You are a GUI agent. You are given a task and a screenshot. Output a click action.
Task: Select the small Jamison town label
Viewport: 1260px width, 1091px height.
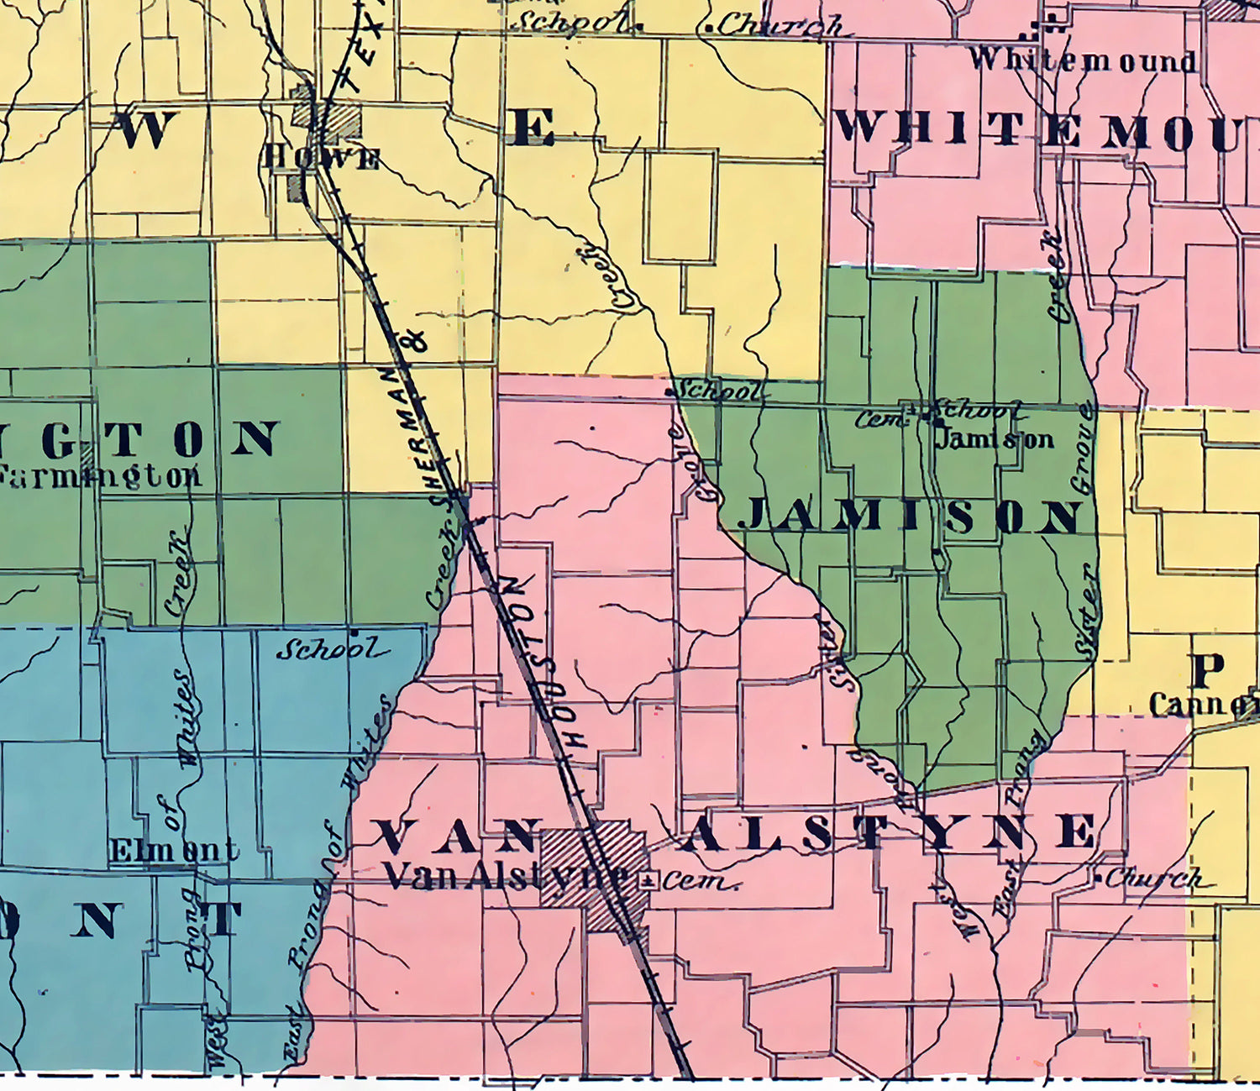click(x=995, y=438)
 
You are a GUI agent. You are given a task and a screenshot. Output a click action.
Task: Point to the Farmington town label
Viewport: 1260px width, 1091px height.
click(x=100, y=475)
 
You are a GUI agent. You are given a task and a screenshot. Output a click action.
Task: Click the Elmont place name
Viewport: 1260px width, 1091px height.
click(x=174, y=851)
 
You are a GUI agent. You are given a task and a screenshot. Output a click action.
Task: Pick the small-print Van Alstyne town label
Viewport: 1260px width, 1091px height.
click(x=504, y=878)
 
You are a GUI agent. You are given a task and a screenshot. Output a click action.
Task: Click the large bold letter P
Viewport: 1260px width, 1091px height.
click(x=1208, y=669)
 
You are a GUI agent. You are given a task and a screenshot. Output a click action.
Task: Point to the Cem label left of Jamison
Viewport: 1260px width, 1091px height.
click(x=880, y=417)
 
